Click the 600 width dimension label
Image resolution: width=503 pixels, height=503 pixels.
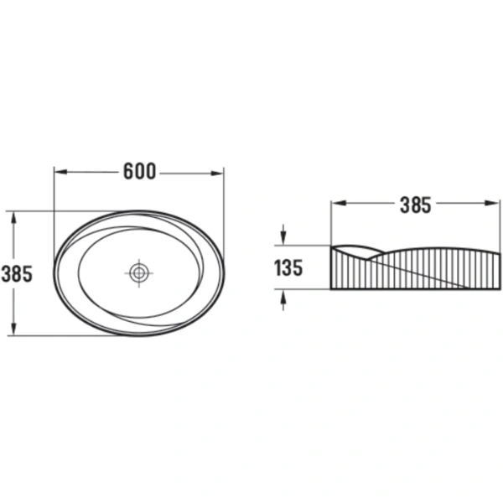[139, 172]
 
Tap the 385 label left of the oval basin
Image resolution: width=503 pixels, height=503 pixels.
[17, 273]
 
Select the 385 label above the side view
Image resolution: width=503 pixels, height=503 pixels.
[416, 205]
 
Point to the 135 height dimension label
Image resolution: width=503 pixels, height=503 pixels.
[288, 268]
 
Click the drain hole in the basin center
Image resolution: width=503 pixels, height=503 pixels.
[139, 273]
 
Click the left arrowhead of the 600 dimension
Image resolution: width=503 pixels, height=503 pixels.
[61, 172]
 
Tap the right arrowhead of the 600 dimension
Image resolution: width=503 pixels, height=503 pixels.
[217, 174]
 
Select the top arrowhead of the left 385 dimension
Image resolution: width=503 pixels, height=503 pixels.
[13, 218]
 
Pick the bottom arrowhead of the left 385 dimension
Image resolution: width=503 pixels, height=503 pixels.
[13, 329]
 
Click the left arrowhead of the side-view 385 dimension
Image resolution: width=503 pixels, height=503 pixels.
[339, 203]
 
